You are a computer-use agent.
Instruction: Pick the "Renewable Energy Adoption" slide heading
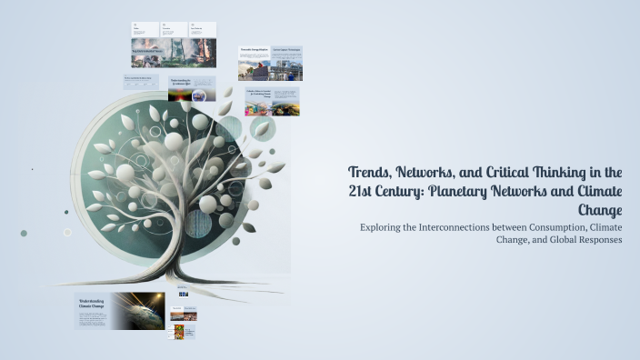[254, 50]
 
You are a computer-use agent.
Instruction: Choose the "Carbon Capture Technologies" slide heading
[285, 50]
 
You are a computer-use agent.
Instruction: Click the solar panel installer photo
[255, 69]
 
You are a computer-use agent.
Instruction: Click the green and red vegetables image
[185, 330]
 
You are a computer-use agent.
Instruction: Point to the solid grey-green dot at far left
[24, 234]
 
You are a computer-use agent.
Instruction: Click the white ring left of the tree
[67, 232]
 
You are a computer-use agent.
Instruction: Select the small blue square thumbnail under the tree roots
[183, 294]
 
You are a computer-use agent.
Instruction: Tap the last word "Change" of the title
[600, 210]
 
